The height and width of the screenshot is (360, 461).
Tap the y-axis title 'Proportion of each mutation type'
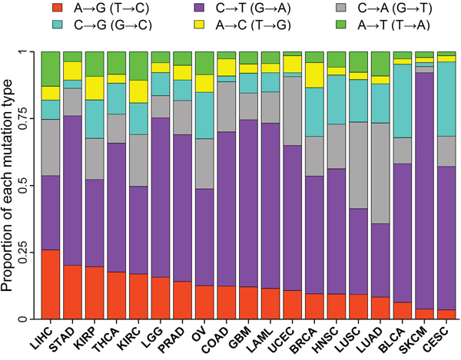tap(9, 184)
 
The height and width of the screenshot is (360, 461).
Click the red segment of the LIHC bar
tap(50, 284)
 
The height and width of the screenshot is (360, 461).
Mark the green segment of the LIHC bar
tap(50, 69)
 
